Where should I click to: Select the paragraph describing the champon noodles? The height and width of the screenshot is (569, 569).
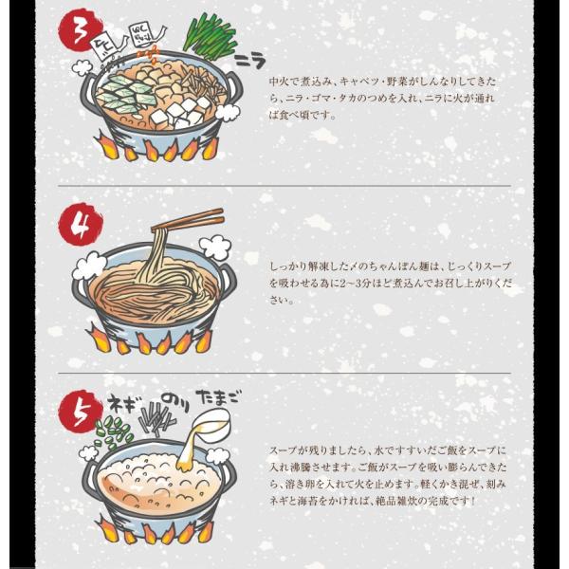tap(383, 283)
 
